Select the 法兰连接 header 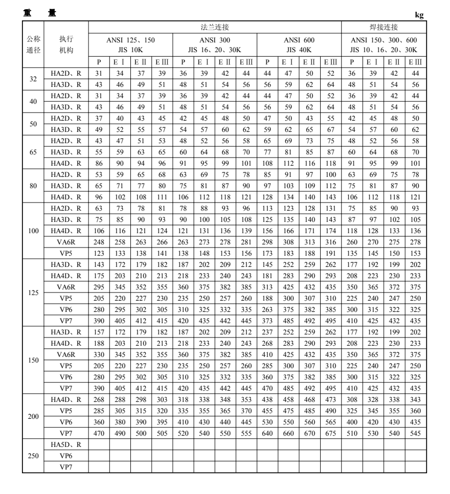pyautogui.click(x=215, y=26)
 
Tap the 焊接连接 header pyautogui.click(x=384, y=26)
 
